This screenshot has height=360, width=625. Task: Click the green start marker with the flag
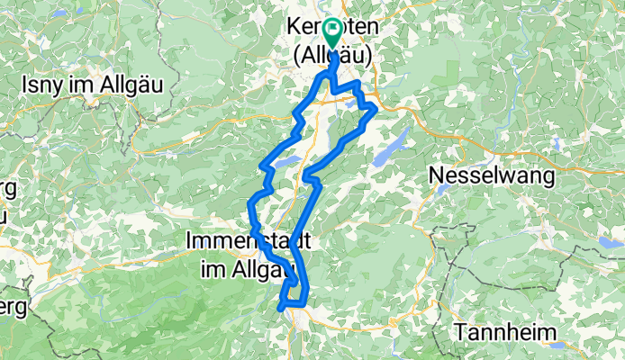[x=332, y=33]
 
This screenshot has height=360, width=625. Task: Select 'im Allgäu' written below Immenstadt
[x=241, y=266]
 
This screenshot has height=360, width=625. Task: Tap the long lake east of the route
[x=388, y=148]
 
